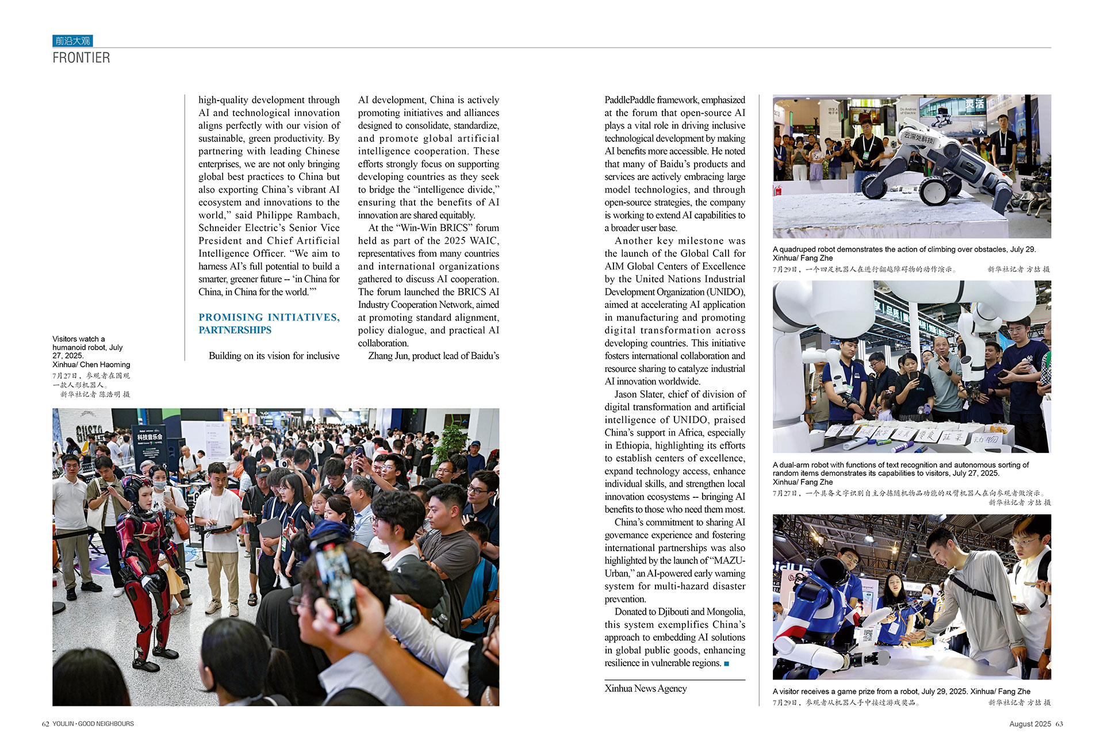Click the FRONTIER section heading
pos(81,57)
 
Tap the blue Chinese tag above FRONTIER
pos(72,41)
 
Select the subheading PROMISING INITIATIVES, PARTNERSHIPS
pos(269,324)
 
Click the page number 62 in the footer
pos(45,724)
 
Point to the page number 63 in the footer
pos(1059,724)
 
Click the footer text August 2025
pos(1030,724)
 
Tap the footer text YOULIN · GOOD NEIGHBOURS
pos(93,724)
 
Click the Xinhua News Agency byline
pos(645,688)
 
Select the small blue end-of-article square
pos(726,663)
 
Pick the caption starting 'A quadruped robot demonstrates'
pos(904,249)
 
